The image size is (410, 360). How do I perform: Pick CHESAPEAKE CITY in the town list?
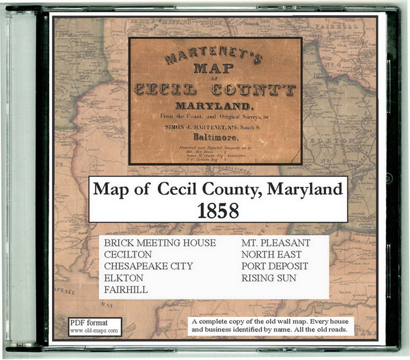[x=148, y=266]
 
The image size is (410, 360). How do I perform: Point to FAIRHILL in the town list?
[x=127, y=290]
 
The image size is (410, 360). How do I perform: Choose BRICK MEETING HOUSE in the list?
[x=160, y=243]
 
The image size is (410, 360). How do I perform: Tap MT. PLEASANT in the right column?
[x=275, y=243]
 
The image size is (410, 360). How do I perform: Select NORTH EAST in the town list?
[x=270, y=254]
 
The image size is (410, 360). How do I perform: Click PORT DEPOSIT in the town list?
[x=275, y=266]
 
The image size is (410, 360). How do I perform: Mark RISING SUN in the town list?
[x=268, y=278]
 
